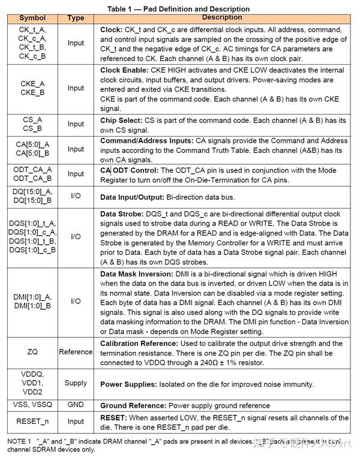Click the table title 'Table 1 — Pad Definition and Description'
pos(178,9)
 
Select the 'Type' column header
pos(76,18)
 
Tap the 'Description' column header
pos(222,17)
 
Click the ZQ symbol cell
pos(32,352)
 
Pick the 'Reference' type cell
pos(76,352)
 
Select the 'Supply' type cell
pos(76,383)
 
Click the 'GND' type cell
pos(76,405)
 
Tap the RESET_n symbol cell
pos(32,421)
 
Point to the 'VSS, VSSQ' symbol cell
pos(32,405)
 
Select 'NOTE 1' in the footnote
pos(19,441)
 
